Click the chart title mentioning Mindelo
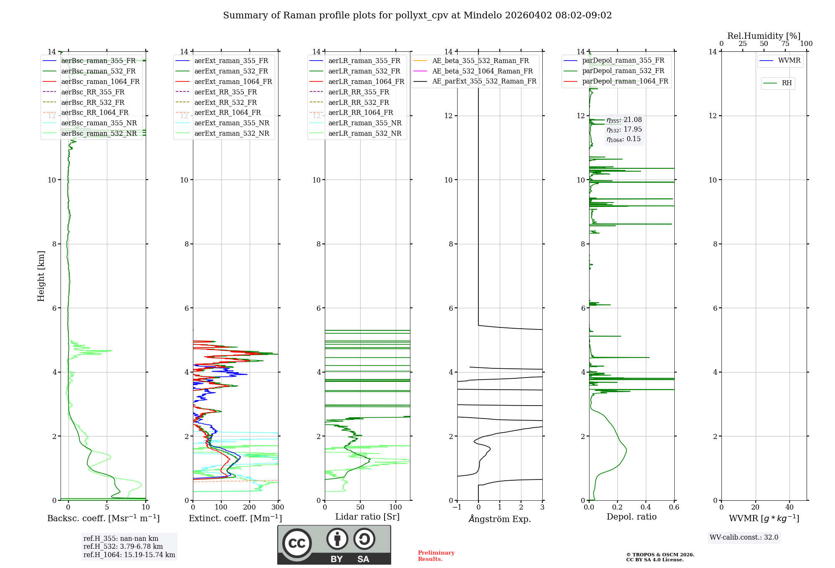pyautogui.click(x=417, y=15)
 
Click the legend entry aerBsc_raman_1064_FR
pyautogui.click(x=100, y=81)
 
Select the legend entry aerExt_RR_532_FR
pyautogui.click(x=225, y=102)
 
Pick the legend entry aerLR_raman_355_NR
pyautogui.click(x=364, y=123)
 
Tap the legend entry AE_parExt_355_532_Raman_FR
pyautogui.click(x=484, y=81)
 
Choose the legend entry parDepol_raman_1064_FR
pyautogui.click(x=625, y=81)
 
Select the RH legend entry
pyautogui.click(x=787, y=83)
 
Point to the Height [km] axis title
pyautogui.click(x=41, y=276)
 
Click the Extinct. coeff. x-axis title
pyautogui.click(x=235, y=518)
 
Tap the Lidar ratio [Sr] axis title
pyautogui.click(x=367, y=517)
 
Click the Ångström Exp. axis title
pyautogui.click(x=500, y=519)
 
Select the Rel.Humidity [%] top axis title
pyautogui.click(x=764, y=36)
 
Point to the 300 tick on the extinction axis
pyautogui.click(x=278, y=507)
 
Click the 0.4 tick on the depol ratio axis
pyautogui.click(x=646, y=507)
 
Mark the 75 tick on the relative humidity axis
pyautogui.click(x=785, y=44)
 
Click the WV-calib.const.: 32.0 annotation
pyautogui.click(x=744, y=537)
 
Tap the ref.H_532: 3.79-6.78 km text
pyautogui.click(x=123, y=546)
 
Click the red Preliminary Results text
pyautogui.click(x=436, y=555)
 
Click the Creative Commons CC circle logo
pyautogui.click(x=297, y=543)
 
